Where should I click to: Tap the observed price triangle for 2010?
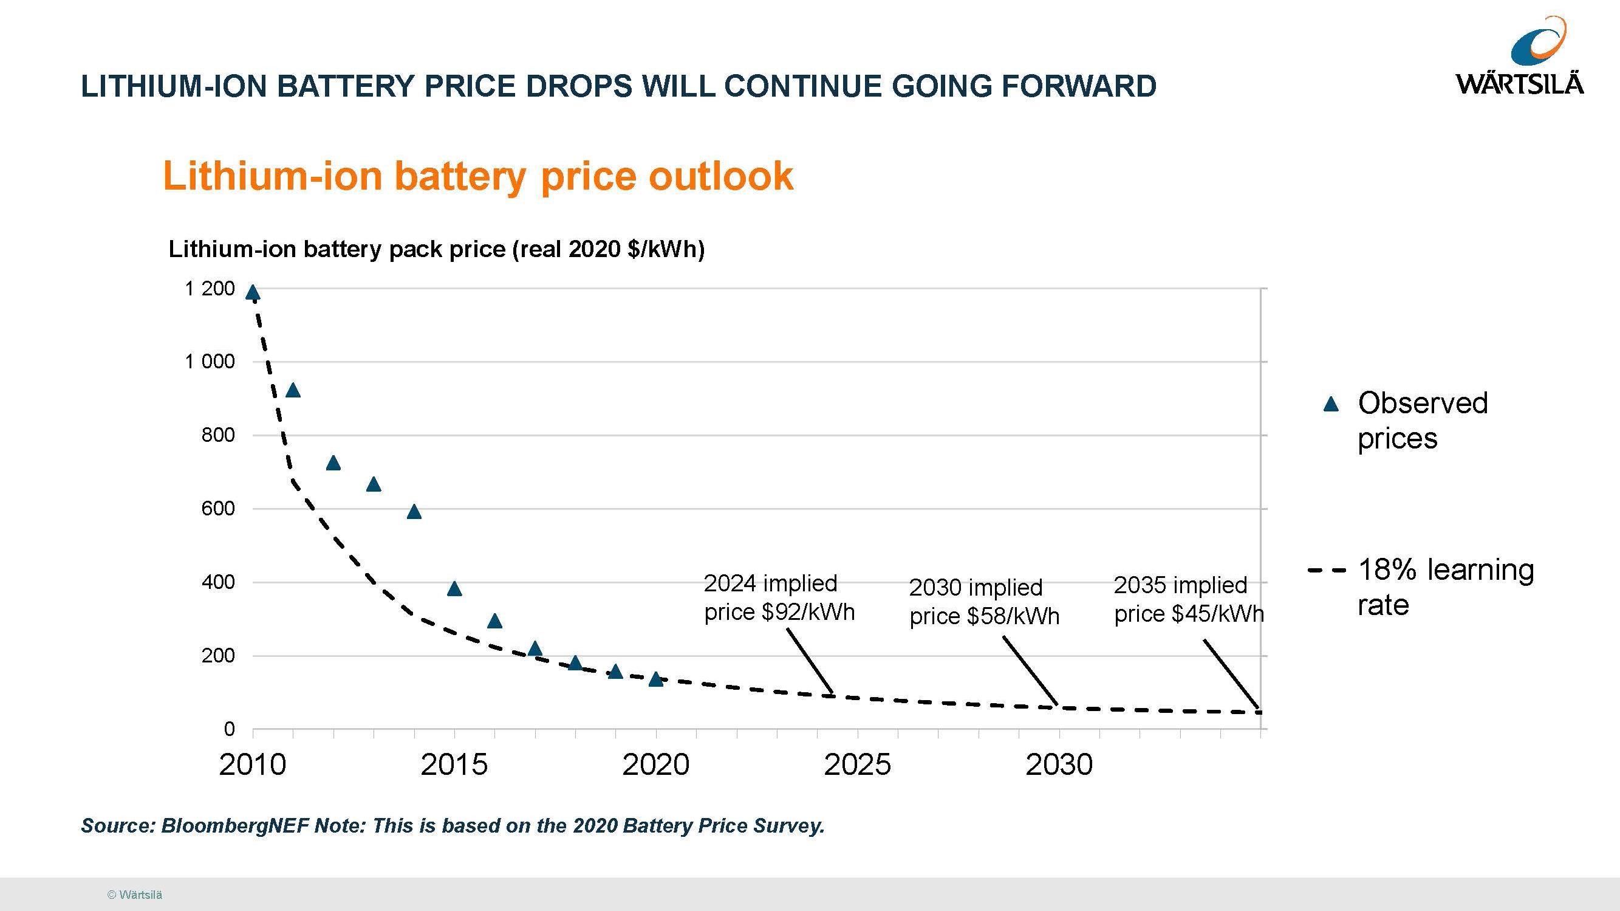click(253, 292)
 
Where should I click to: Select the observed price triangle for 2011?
click(293, 391)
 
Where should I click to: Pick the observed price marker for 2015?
click(455, 590)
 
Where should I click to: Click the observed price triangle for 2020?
click(656, 679)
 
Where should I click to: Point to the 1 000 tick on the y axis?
click(210, 362)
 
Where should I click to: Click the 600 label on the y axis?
click(217, 508)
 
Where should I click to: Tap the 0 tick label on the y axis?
click(229, 729)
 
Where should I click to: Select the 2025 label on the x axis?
click(857, 765)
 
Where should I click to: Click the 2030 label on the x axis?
click(1059, 765)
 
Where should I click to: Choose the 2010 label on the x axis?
click(253, 765)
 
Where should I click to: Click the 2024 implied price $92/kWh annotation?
click(779, 597)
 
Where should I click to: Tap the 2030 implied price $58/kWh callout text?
click(983, 602)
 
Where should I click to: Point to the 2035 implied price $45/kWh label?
click(1188, 599)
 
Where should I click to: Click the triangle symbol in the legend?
click(1331, 404)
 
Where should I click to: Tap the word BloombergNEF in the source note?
click(234, 825)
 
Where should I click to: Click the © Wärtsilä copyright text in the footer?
click(135, 895)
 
